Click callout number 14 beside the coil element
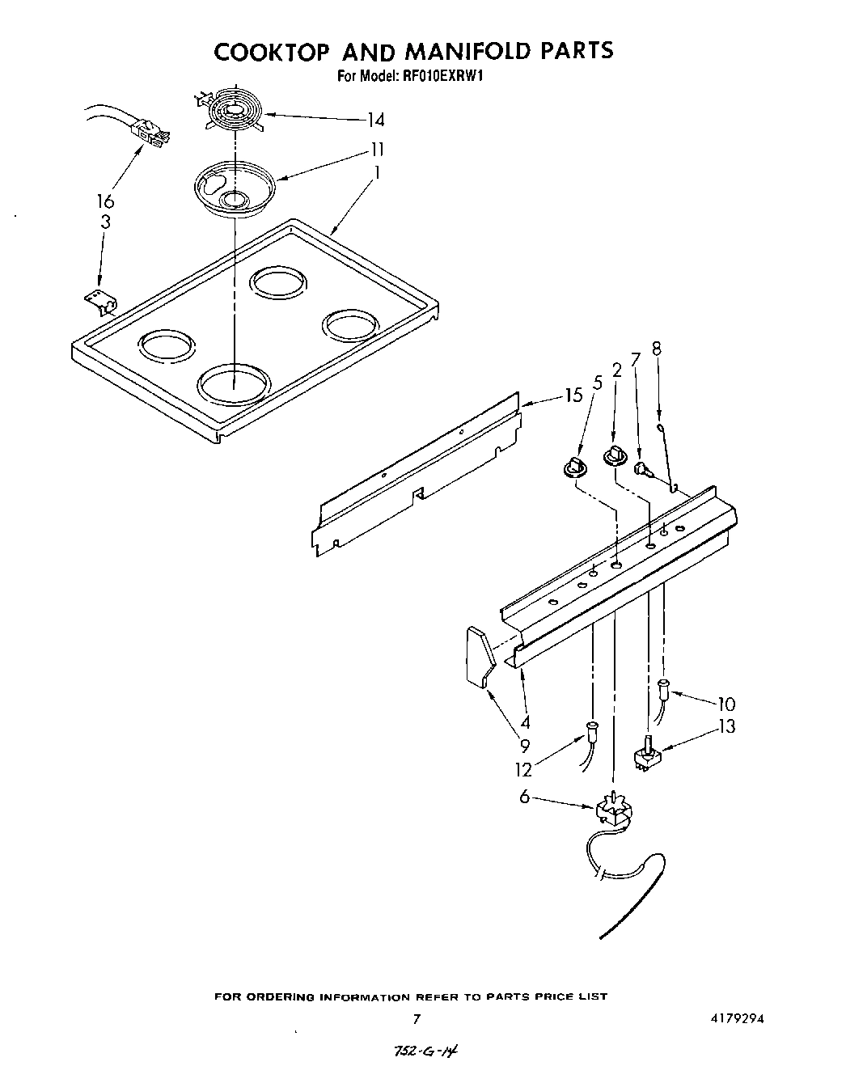(x=374, y=121)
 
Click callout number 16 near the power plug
(x=105, y=201)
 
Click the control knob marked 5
(x=573, y=466)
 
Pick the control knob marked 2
(x=615, y=456)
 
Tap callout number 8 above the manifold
(x=656, y=349)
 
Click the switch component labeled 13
(x=648, y=754)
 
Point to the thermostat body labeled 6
(x=612, y=812)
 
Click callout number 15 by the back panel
(x=573, y=396)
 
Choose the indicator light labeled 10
(x=664, y=688)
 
